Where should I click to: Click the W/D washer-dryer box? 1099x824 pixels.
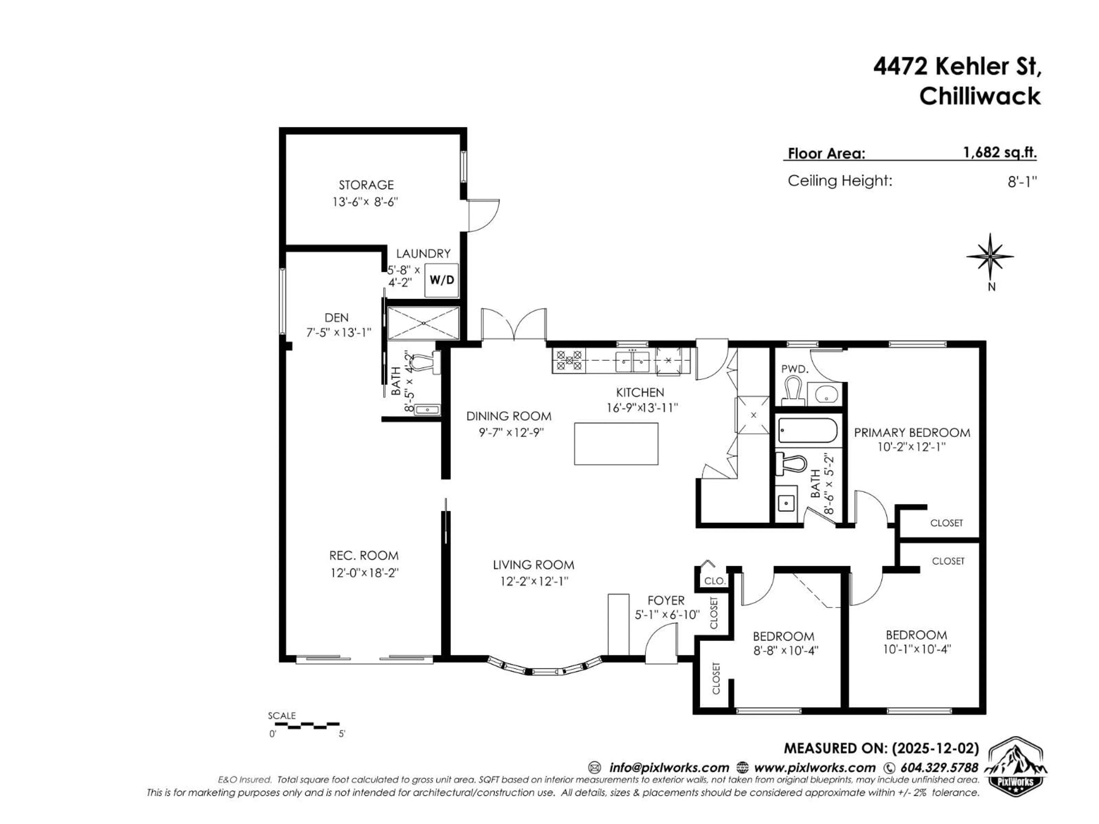(441, 280)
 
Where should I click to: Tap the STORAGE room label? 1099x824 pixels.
(366, 185)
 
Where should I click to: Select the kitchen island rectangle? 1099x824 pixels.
(616, 443)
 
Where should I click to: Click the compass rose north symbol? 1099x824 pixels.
(990, 257)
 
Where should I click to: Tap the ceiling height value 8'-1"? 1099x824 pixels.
(1022, 182)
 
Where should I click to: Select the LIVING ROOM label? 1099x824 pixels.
(533, 565)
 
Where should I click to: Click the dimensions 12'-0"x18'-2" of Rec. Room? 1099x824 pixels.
(365, 573)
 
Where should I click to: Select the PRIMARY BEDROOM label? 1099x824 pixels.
(912, 433)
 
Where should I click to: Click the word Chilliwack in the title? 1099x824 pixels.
(979, 96)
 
